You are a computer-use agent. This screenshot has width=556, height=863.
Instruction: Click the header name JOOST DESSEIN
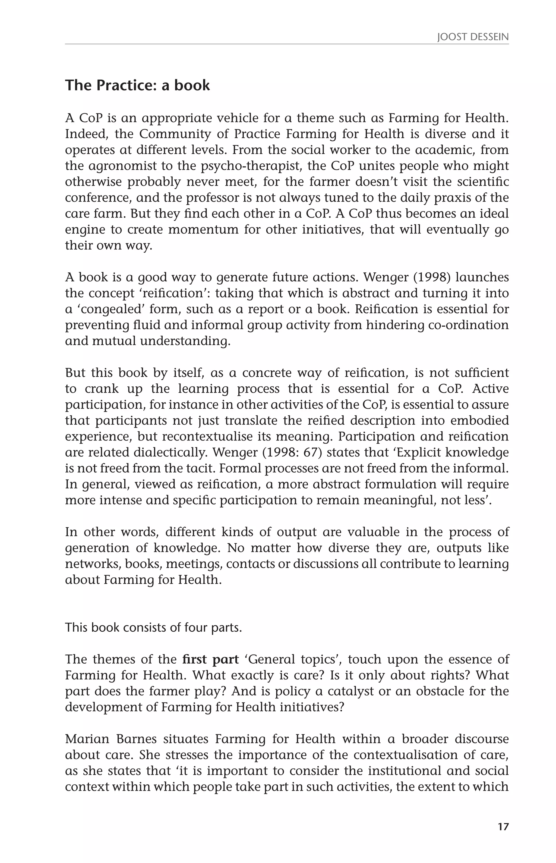coord(473,37)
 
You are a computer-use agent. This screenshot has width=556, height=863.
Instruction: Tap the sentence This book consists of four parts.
coord(153,628)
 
